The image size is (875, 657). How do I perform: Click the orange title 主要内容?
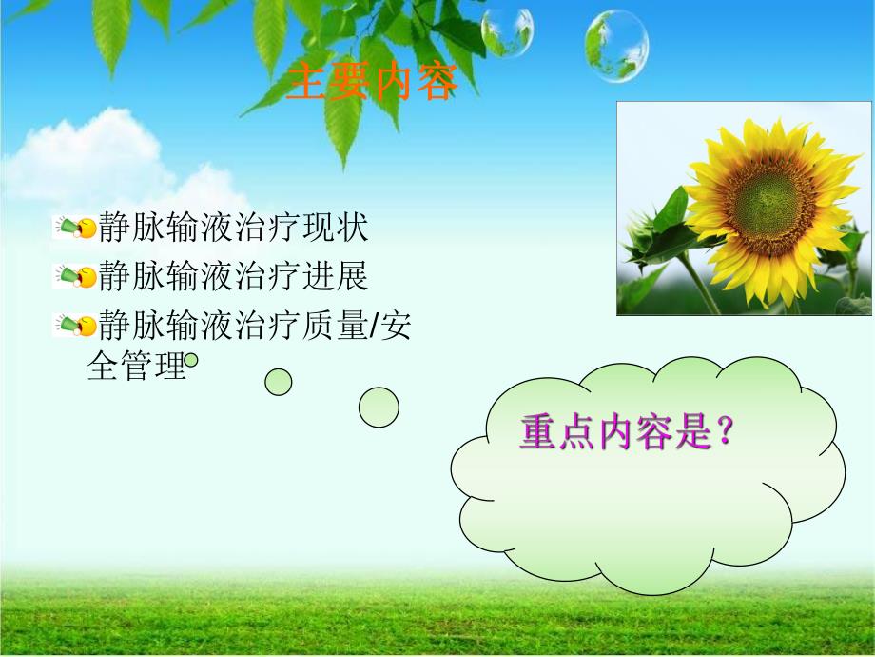372,82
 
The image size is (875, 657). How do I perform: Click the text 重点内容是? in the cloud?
628,433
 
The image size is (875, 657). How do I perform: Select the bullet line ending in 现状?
233,228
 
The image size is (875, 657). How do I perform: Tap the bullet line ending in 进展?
233,276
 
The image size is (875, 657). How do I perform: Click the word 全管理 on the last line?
136,367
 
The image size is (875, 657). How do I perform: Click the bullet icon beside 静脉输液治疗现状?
76,228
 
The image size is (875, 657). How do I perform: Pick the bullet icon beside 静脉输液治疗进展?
76,276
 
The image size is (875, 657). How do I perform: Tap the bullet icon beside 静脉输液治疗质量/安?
76,326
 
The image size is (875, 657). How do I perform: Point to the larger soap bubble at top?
616,46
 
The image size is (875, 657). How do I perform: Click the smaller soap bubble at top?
506,31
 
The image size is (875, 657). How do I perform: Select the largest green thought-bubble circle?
379,408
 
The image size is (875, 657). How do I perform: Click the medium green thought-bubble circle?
279,382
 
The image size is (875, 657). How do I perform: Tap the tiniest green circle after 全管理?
191,360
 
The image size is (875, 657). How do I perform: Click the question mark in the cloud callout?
727,433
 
